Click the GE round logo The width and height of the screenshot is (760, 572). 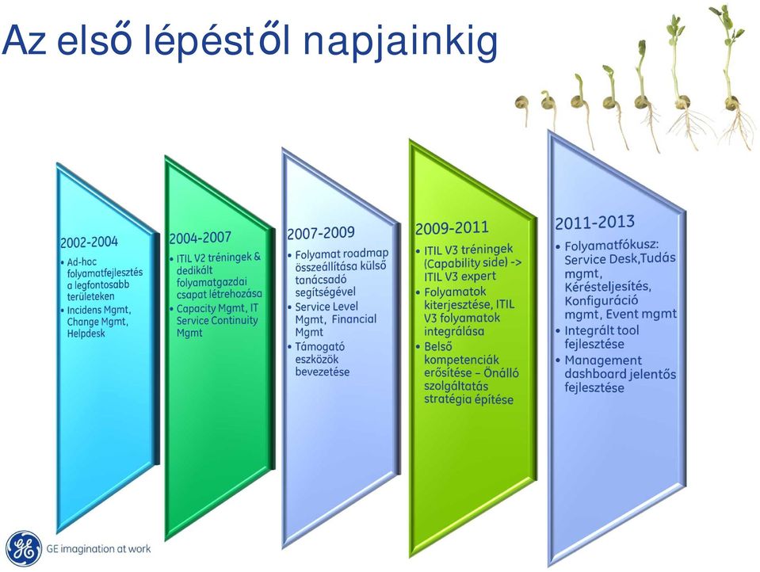coord(24,548)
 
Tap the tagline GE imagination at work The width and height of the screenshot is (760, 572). coord(98,549)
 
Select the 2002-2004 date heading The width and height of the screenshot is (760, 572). coord(90,242)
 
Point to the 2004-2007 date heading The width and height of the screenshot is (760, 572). coord(201,238)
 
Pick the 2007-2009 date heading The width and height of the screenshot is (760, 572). coord(321,233)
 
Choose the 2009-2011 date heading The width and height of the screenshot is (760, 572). coord(452,228)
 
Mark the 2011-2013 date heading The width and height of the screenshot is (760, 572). coord(594,222)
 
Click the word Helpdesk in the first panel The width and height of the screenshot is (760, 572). coord(86,334)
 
